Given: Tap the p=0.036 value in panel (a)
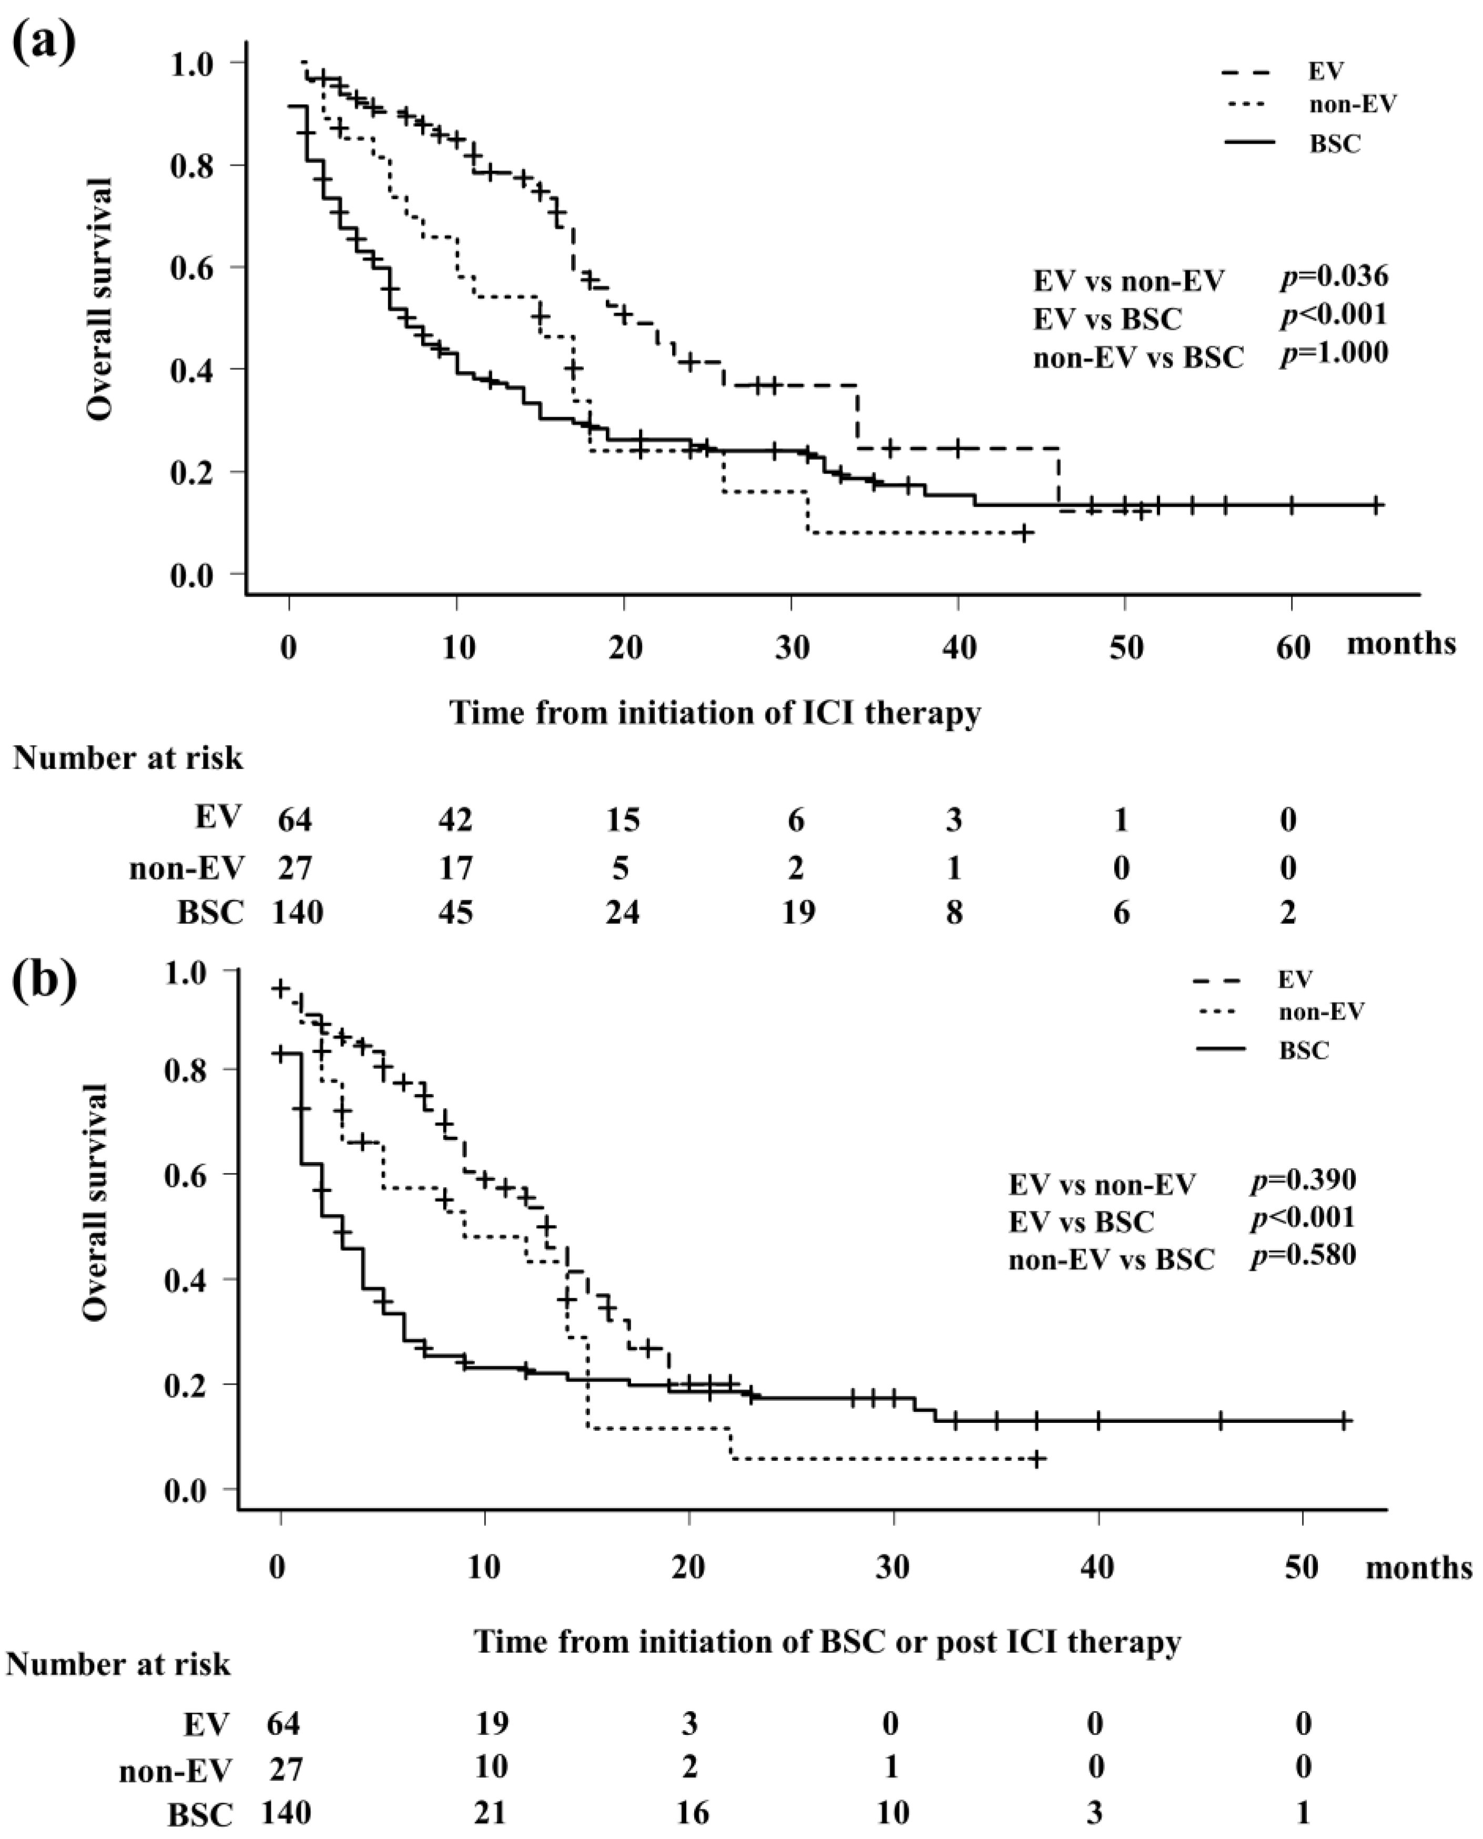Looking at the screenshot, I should [1334, 276].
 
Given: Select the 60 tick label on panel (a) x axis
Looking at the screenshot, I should [1293, 647].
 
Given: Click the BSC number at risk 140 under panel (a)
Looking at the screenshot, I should [297, 913].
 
